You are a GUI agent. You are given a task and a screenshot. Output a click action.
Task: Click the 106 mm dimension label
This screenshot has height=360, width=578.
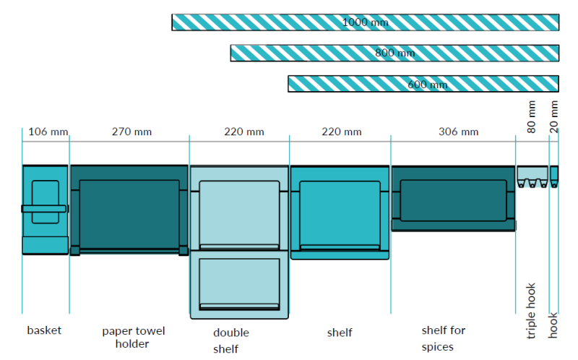pyautogui.click(x=48, y=132)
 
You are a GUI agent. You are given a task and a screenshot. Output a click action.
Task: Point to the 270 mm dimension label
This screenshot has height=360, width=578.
pyautogui.click(x=131, y=132)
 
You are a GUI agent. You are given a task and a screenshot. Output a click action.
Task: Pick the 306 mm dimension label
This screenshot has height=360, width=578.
pyautogui.click(x=458, y=132)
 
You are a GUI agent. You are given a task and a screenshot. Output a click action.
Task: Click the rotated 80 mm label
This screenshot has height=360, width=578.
pyautogui.click(x=532, y=119)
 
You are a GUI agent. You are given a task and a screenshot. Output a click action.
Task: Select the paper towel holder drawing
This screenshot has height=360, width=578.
pyautogui.click(x=129, y=210)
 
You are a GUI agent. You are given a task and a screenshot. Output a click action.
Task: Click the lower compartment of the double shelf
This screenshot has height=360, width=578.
pyautogui.click(x=239, y=285)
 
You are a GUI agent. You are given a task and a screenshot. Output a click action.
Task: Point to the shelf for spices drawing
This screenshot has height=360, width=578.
pyautogui.click(x=453, y=199)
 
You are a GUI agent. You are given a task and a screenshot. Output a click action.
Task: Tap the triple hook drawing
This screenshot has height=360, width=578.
pyautogui.click(x=532, y=176)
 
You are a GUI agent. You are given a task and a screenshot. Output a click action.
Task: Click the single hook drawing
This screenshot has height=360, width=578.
pyautogui.click(x=554, y=176)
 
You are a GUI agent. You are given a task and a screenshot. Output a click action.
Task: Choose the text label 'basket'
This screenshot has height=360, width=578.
pyautogui.click(x=44, y=330)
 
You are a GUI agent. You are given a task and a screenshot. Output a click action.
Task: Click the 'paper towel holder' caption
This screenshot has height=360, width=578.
pyautogui.click(x=133, y=337)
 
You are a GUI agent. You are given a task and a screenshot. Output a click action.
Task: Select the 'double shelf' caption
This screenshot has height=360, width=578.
pyautogui.click(x=231, y=340)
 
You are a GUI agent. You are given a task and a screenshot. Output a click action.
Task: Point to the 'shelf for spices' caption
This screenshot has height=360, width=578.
pyautogui.click(x=444, y=338)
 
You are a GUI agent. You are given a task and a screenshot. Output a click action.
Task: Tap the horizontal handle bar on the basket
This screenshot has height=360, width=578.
pyautogui.click(x=44, y=208)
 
